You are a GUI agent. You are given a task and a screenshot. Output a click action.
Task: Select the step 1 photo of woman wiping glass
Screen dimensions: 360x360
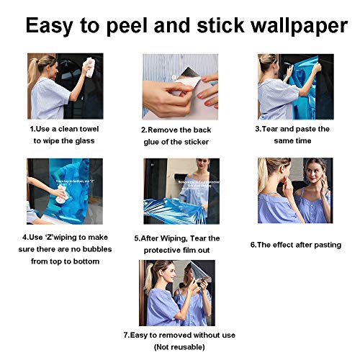[65, 86]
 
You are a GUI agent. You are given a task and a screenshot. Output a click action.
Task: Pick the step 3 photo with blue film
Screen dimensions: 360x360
[295, 86]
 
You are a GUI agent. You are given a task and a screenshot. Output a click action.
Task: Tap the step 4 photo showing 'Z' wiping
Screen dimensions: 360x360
[65, 192]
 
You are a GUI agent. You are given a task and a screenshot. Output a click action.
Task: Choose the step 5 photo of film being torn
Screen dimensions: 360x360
[181, 192]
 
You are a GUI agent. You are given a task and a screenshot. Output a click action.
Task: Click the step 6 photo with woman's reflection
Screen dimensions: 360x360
[295, 192]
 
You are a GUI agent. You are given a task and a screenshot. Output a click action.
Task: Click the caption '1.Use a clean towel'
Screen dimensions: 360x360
[65, 129]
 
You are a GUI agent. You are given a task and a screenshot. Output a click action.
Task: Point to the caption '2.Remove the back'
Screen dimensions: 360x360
[175, 130]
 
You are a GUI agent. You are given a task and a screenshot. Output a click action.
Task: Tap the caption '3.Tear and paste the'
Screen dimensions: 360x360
[292, 129]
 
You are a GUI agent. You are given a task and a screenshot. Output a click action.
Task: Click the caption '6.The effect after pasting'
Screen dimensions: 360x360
[295, 245]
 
